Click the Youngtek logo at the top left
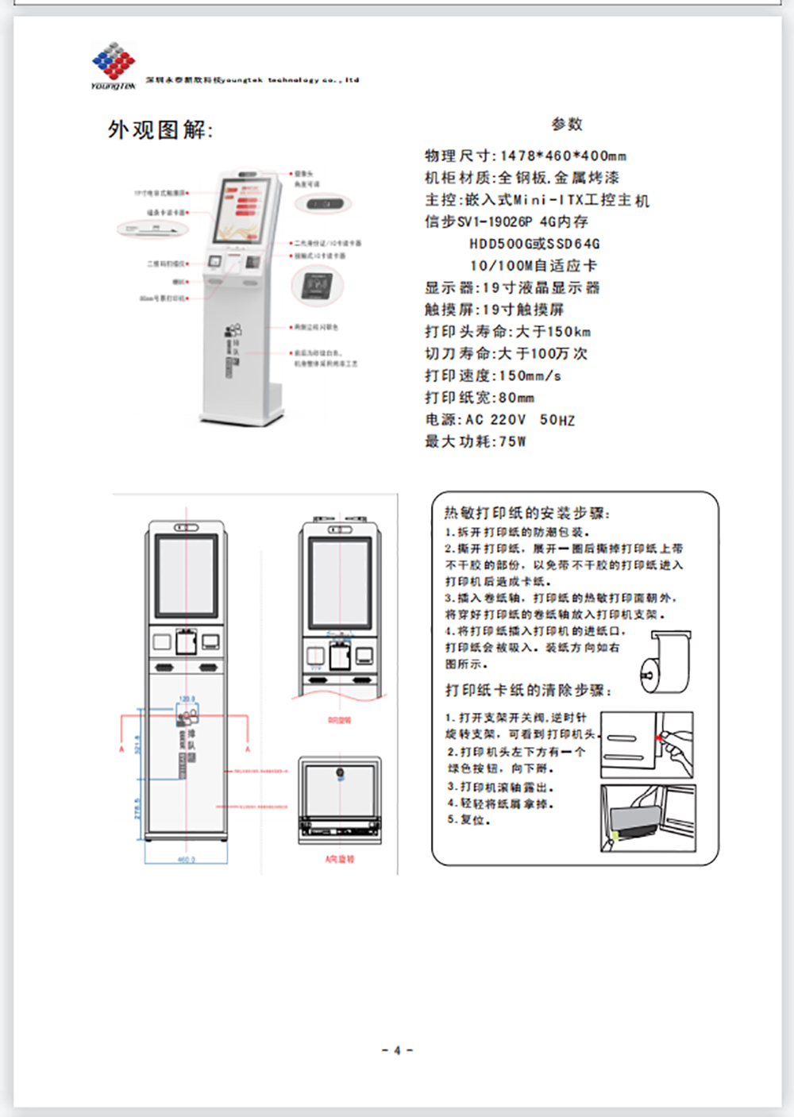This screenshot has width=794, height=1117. click(x=114, y=65)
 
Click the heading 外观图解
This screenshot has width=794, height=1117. click(x=160, y=129)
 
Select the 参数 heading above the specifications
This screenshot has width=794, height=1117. click(x=567, y=124)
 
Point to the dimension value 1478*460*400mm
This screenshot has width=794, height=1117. click(x=563, y=156)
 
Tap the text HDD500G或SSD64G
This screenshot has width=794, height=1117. click(x=534, y=244)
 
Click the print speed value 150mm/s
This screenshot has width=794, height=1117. click(x=530, y=376)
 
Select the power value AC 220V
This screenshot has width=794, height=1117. click(x=495, y=419)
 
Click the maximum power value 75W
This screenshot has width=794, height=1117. click(x=512, y=441)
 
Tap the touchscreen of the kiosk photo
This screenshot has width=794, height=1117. click(x=246, y=211)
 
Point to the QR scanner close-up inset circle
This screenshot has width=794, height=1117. click(x=317, y=284)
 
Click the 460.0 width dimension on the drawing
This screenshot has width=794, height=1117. click(x=186, y=859)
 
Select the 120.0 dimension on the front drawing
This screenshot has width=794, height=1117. click(x=187, y=699)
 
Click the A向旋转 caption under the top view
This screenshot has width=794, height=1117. click(x=339, y=859)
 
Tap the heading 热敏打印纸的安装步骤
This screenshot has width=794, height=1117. click(x=526, y=513)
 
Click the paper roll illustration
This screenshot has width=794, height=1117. click(x=665, y=662)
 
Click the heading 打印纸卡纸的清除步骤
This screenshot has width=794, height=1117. click(x=528, y=690)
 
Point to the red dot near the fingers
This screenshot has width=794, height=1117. click(x=658, y=738)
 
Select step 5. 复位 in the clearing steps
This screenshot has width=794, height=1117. click(x=468, y=820)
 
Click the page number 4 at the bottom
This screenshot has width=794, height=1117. click(x=397, y=1050)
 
